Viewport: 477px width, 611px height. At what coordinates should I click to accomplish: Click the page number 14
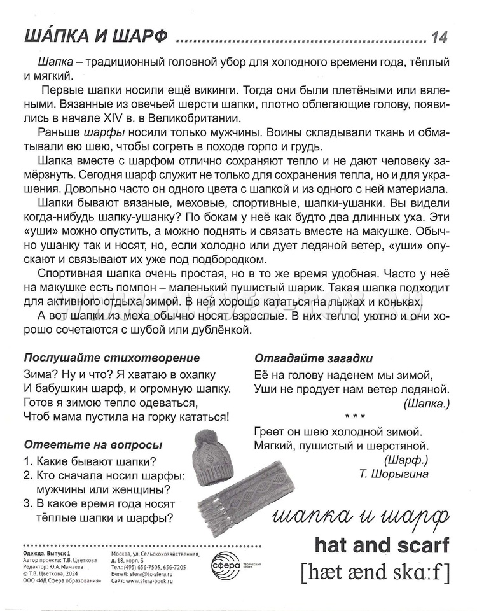tap(439, 38)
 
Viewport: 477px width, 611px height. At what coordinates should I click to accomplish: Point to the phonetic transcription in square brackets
tap(375, 573)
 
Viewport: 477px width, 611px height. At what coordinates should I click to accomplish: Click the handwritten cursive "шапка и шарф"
tap(364, 515)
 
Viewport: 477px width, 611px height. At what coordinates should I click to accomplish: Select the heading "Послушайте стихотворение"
tap(111, 358)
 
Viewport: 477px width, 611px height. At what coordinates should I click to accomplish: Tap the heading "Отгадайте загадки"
tap(314, 358)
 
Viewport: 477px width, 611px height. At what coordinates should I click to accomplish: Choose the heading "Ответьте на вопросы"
tap(93, 444)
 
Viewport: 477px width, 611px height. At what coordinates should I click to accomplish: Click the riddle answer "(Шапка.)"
tap(427, 404)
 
